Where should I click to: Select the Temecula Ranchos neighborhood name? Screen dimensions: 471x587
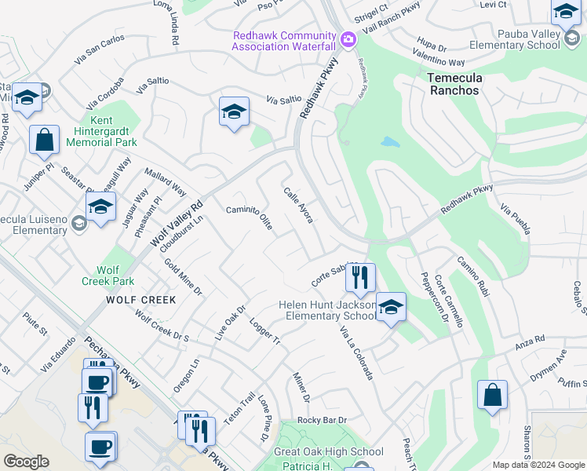464,84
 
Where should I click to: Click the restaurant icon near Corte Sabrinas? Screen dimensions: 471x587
360,277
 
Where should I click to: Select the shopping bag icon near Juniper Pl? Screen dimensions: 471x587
45,141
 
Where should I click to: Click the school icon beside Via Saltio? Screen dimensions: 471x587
234,112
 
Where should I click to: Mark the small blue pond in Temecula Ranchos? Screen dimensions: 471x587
389,143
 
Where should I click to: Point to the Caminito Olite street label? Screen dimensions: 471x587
250,217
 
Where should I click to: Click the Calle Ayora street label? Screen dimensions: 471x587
298,204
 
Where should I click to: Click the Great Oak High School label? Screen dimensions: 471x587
329,451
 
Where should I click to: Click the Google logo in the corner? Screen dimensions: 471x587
27,461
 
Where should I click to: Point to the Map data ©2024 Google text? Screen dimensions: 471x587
538,465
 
